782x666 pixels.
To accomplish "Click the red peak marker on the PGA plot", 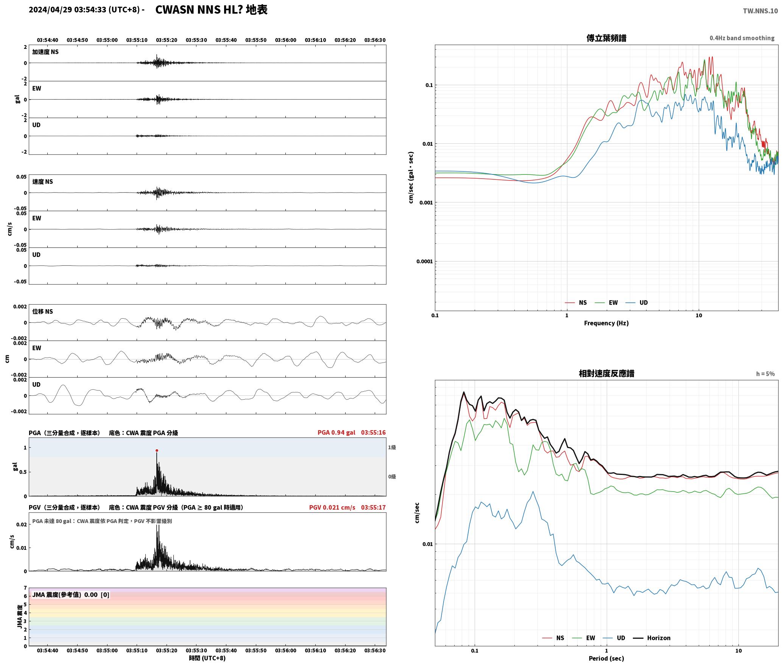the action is pyautogui.click(x=157, y=450).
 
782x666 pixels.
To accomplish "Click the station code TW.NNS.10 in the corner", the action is pyautogui.click(x=760, y=11).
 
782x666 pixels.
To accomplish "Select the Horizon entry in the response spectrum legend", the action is pyautogui.click(x=652, y=638).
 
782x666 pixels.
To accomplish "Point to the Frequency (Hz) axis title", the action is pyautogui.click(x=606, y=323).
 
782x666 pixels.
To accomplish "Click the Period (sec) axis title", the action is pyautogui.click(x=606, y=658).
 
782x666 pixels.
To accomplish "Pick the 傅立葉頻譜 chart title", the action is pyautogui.click(x=606, y=38).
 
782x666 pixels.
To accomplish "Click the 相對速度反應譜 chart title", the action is pyautogui.click(x=606, y=373).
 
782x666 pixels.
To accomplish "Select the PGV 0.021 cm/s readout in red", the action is pyautogui.click(x=332, y=507).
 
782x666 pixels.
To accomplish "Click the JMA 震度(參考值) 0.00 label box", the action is pyautogui.click(x=71, y=594).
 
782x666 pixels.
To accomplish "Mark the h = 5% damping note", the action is pyautogui.click(x=765, y=374).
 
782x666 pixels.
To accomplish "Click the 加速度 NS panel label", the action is pyautogui.click(x=45, y=52).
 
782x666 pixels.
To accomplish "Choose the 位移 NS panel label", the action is pyautogui.click(x=42, y=311).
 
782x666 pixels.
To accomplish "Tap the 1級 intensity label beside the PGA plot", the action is pyautogui.click(x=392, y=447).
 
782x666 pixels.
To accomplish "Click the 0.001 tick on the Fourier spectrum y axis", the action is pyautogui.click(x=426, y=202).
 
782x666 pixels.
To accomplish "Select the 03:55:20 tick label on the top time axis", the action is pyautogui.click(x=167, y=40).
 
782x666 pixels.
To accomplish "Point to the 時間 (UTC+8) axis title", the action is pyautogui.click(x=207, y=658).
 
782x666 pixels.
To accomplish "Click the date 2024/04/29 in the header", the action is pyautogui.click(x=50, y=10).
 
